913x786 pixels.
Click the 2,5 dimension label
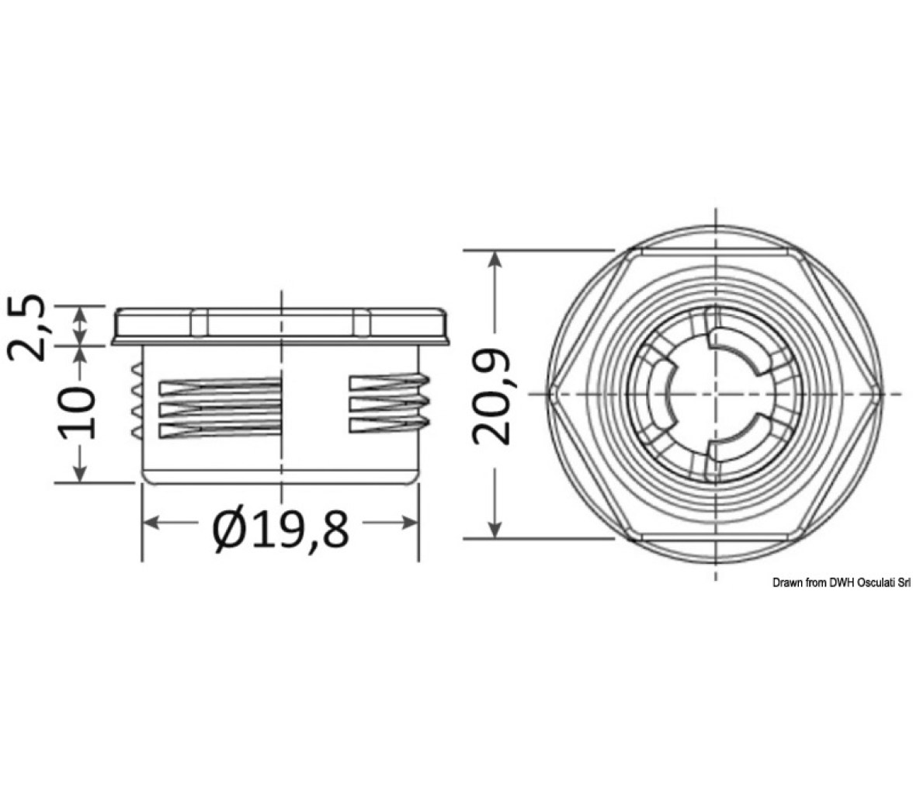26,328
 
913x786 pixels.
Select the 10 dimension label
76,412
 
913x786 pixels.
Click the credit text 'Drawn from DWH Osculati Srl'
842,583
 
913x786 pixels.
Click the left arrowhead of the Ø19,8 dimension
151,523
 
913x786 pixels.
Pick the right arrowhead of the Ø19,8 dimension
410,523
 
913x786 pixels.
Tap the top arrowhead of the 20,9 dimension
495,259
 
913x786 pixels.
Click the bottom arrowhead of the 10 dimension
80,473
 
